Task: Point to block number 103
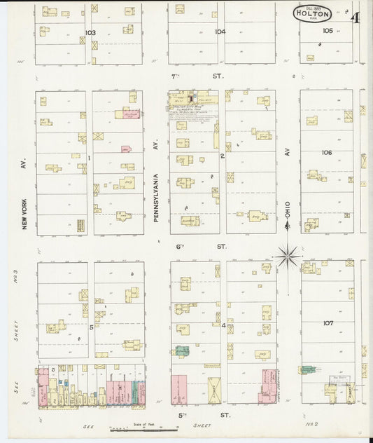tap(90, 33)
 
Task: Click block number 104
tap(220, 32)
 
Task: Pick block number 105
tap(328, 31)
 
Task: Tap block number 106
tap(328, 152)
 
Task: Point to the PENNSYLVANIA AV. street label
tap(157, 198)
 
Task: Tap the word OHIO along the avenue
tap(287, 210)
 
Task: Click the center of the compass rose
tap(287, 257)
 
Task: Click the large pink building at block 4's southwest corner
tap(180, 389)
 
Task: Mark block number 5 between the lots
tap(90, 327)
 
